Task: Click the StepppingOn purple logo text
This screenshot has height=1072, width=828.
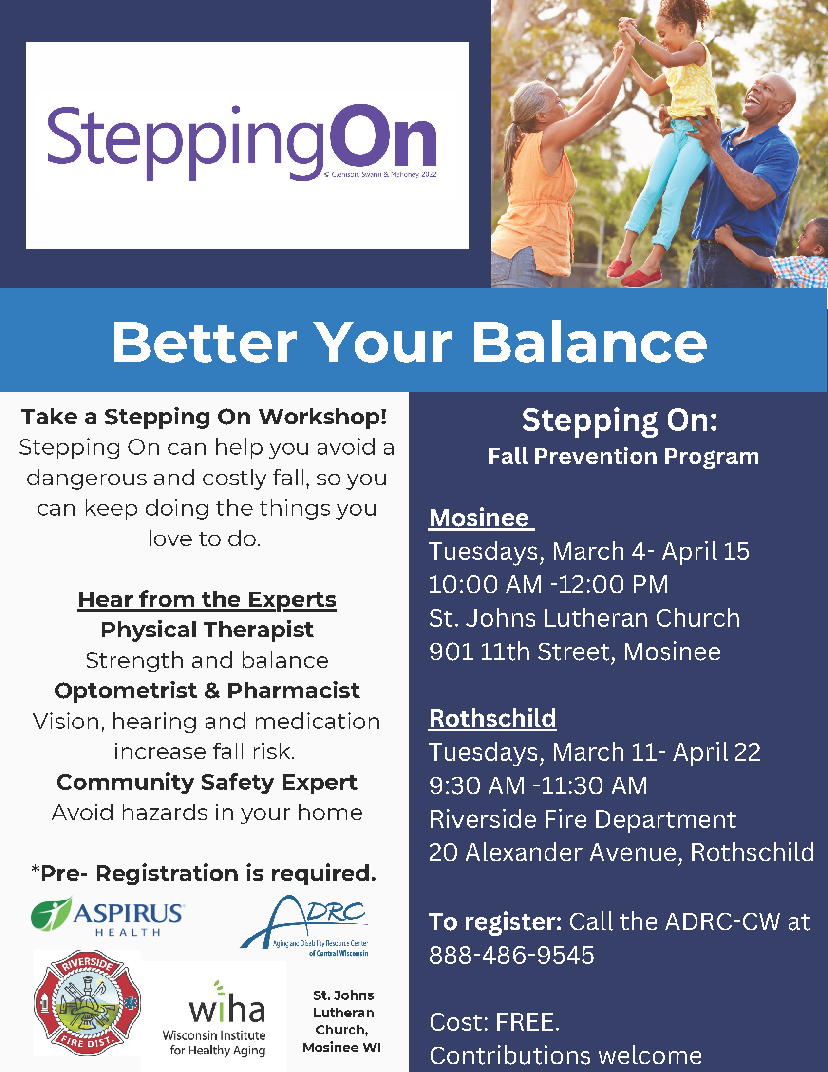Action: pyautogui.click(x=241, y=140)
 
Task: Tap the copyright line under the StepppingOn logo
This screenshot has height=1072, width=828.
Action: pyautogui.click(x=380, y=175)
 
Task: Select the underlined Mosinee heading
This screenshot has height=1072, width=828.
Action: pyautogui.click(x=479, y=518)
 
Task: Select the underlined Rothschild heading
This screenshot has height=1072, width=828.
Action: pyautogui.click(x=492, y=719)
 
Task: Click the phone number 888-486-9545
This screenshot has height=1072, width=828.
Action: pyautogui.click(x=511, y=955)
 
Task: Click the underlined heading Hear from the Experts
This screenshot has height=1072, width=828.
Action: pyautogui.click(x=207, y=599)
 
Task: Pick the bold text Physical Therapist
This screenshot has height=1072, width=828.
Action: pyautogui.click(x=207, y=630)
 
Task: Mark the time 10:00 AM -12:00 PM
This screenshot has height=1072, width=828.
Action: pyautogui.click(x=548, y=585)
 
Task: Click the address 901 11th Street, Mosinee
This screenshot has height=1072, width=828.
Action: pyautogui.click(x=574, y=652)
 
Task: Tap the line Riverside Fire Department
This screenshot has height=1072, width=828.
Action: pyautogui.click(x=582, y=819)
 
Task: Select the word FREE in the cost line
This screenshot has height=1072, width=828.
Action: pyautogui.click(x=527, y=1022)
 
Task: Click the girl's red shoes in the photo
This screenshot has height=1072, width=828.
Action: pyautogui.click(x=633, y=273)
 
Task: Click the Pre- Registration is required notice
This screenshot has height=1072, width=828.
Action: pyautogui.click(x=204, y=873)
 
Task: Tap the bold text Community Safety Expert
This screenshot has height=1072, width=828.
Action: pyautogui.click(x=207, y=783)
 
